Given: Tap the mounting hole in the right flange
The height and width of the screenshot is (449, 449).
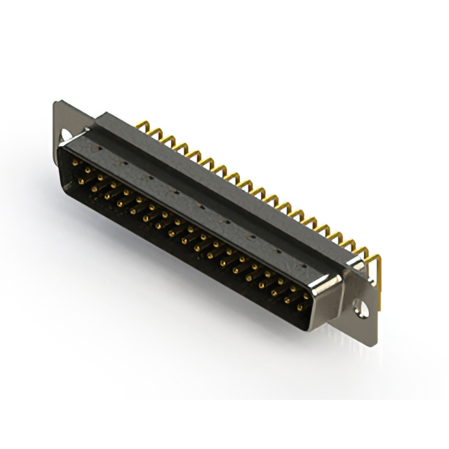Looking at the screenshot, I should (360, 307).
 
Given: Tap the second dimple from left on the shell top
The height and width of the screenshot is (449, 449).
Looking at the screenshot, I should (126, 162).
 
